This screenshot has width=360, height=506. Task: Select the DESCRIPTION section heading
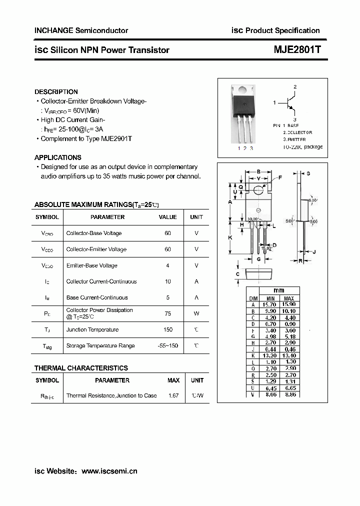(x=56, y=92)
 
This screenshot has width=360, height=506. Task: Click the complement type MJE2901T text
(x=114, y=138)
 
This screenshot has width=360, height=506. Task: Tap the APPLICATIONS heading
(x=57, y=157)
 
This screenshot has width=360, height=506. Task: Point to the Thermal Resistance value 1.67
(x=173, y=395)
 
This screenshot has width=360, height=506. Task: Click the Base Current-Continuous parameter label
(x=97, y=297)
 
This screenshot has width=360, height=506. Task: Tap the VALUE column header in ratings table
(x=167, y=217)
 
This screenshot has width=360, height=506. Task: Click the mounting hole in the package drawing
(x=258, y=190)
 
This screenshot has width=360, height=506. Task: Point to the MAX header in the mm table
(x=288, y=298)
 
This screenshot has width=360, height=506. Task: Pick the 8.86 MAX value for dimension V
(x=288, y=394)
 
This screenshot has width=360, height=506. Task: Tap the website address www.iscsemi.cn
(x=109, y=471)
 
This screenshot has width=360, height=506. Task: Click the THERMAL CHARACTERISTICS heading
(x=81, y=368)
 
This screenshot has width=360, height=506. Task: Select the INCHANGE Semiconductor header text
(x=81, y=30)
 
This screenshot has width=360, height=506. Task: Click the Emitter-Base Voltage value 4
(x=167, y=265)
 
